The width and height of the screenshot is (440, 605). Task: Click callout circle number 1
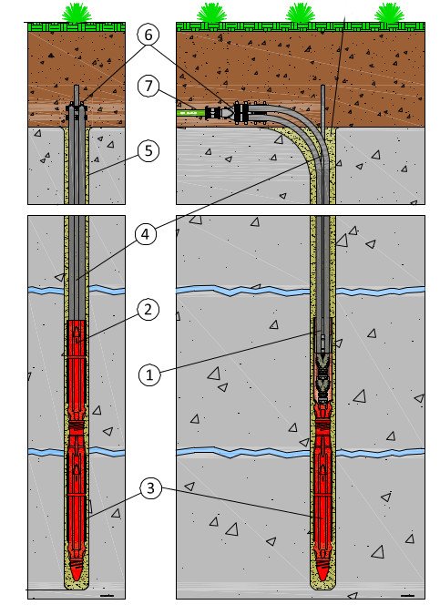(x=149, y=374)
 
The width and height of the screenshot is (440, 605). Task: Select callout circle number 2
(x=148, y=310)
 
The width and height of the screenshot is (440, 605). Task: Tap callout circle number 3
(x=150, y=488)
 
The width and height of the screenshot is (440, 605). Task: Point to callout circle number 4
(x=146, y=234)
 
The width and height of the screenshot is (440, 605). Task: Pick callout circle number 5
(x=148, y=150)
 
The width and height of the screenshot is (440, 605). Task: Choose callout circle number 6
(x=148, y=36)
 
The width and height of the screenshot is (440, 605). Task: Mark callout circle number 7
(x=148, y=86)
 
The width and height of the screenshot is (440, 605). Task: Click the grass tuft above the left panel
(x=77, y=13)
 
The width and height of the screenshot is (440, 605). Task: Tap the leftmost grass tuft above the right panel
(x=211, y=13)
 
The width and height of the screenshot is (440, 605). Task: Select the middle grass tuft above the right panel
(x=300, y=13)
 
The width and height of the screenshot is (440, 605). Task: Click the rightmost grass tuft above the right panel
(x=389, y=13)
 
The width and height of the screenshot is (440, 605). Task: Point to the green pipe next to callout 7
(x=191, y=113)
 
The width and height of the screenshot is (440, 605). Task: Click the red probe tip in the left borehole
(x=77, y=571)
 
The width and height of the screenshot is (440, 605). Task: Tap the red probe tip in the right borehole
(x=322, y=571)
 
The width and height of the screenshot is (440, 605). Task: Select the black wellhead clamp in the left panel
(x=77, y=111)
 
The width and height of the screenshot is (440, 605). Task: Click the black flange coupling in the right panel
(x=240, y=113)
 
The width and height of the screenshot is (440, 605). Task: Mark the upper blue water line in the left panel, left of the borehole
(x=46, y=290)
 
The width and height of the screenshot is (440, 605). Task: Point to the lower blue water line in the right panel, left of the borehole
(x=243, y=452)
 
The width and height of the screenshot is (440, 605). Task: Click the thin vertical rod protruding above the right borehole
(x=322, y=108)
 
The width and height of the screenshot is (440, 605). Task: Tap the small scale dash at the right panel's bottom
(x=407, y=596)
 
